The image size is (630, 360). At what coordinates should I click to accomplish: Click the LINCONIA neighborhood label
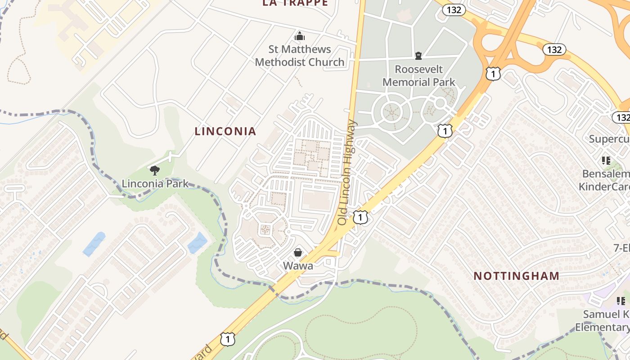pos(225,131)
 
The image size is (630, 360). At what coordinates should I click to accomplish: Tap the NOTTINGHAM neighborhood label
pos(516,276)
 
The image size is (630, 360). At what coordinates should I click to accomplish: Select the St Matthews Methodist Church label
pos(300,56)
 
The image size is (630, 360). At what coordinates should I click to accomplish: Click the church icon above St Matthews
pos(300,36)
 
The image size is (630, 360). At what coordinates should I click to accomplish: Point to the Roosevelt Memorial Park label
pos(418,76)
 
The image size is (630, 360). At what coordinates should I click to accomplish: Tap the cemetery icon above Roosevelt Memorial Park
pos(418,56)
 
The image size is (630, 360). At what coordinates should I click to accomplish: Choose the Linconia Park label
pos(155,184)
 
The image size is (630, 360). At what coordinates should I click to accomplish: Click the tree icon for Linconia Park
pos(155,171)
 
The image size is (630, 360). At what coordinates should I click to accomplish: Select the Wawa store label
pos(298,265)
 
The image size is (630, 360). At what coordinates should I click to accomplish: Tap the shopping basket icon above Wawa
pos(298,252)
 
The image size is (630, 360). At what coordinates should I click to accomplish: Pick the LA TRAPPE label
pos(295,3)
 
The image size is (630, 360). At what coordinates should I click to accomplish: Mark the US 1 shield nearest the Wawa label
pos(360,218)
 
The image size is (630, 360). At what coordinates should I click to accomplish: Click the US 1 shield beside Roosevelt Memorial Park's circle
pos(445,131)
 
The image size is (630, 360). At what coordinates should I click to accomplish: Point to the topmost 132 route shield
pos(453,9)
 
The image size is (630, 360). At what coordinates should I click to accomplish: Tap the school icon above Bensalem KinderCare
pos(606,161)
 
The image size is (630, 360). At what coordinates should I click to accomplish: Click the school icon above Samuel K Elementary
pos(621,301)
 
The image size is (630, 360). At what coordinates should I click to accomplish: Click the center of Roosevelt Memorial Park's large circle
pos(391,111)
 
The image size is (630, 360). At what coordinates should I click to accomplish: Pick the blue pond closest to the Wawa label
pos(197,243)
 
